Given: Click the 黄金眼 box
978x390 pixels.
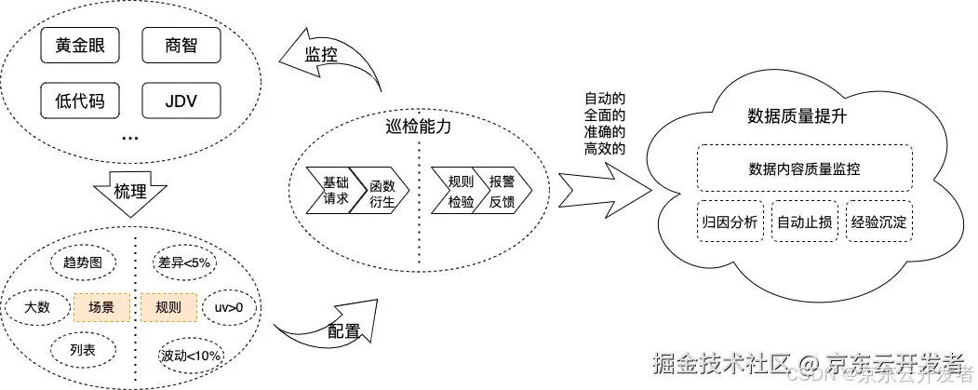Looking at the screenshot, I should point(79,44).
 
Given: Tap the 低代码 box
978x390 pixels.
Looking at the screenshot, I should point(79,100).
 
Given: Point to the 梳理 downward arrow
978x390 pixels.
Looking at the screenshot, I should point(130,192).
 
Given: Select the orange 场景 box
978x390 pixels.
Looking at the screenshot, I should point(100,306).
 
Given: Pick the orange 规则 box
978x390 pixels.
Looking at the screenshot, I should point(169,306).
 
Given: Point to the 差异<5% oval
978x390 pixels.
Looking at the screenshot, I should point(184,263).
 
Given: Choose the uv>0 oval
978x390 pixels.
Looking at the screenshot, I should point(229,306).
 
